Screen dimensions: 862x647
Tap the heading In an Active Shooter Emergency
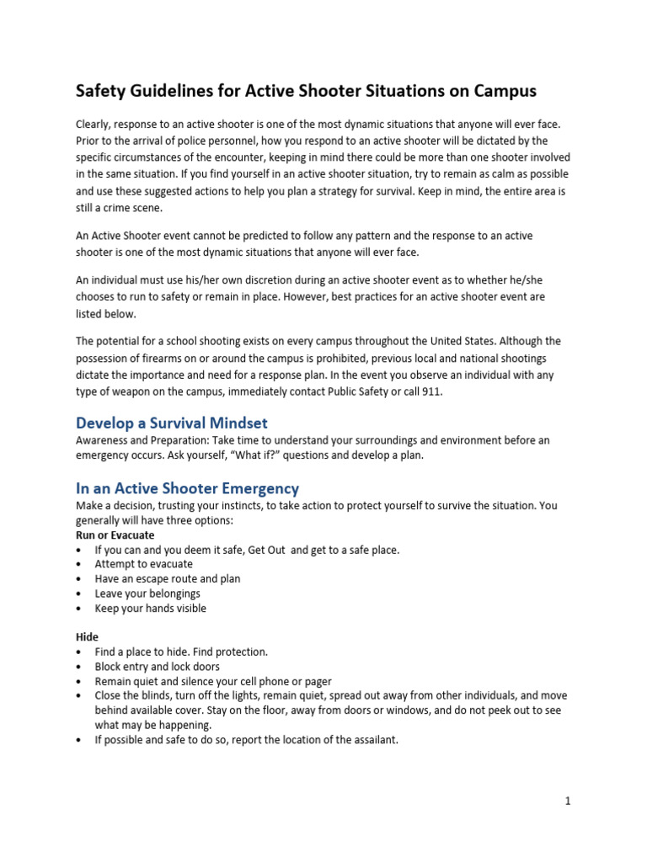[x=187, y=488]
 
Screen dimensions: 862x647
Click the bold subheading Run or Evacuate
[x=115, y=535]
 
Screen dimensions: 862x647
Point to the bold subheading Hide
[x=87, y=637]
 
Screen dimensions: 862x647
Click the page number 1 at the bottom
[x=568, y=801]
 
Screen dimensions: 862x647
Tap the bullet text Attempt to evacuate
[x=143, y=564]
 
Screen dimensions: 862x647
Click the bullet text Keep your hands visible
[x=150, y=608]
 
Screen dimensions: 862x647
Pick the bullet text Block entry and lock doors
[x=157, y=667]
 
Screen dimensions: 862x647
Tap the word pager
[x=318, y=681]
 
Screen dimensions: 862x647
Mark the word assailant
[x=367, y=740]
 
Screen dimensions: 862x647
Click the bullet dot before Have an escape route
[x=79, y=579]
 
